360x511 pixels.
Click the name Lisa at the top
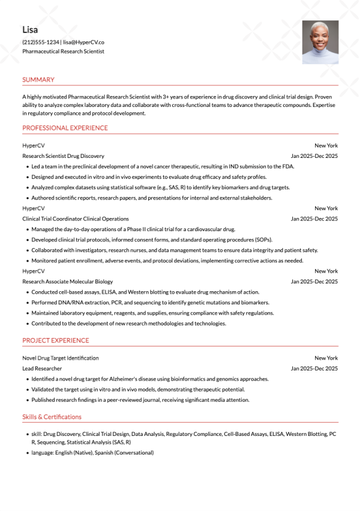[x=30, y=29]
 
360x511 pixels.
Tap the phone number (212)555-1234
[x=41, y=43]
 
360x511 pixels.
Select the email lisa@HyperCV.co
[x=84, y=43]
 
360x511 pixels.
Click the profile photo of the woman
[x=320, y=43]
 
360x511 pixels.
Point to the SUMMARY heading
[x=38, y=80]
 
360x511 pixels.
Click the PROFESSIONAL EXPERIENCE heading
[x=65, y=128]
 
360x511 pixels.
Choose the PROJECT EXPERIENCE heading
[x=55, y=340]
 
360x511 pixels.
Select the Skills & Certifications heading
[x=52, y=417]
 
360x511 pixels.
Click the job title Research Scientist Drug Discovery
[x=63, y=156]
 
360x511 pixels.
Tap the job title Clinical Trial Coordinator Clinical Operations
[x=75, y=219]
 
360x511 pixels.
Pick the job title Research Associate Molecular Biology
[x=67, y=282]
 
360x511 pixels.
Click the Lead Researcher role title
[x=42, y=369]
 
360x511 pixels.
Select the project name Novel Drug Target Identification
[x=61, y=358]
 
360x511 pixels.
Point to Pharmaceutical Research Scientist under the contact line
[x=63, y=52]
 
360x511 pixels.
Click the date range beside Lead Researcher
[x=314, y=369]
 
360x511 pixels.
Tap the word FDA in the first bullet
[x=288, y=166]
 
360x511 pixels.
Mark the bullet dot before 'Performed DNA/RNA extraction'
[x=27, y=303]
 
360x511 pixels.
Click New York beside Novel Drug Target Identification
[x=326, y=358]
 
